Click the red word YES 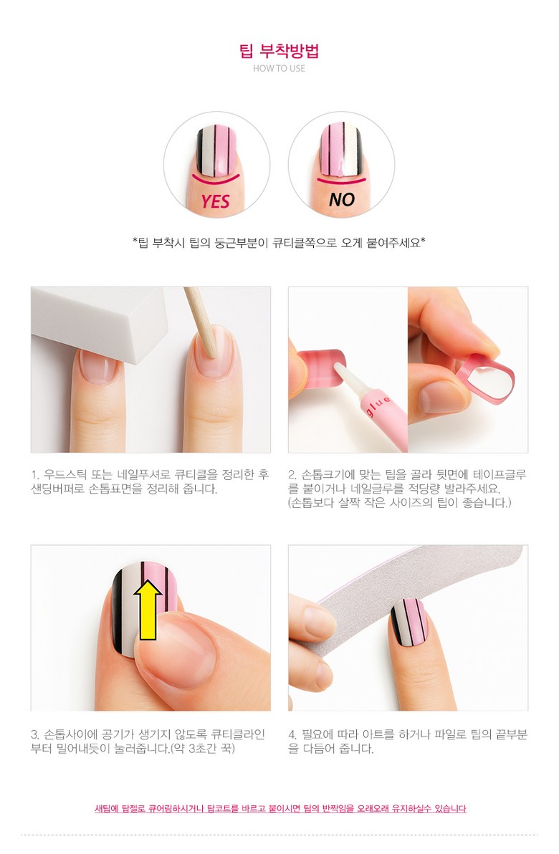[215, 201]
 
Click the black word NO [341, 200]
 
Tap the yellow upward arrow [149, 608]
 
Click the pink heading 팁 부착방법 [279, 51]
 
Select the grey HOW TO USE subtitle [279, 69]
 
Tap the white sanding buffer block [107, 315]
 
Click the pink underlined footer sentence [280, 809]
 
